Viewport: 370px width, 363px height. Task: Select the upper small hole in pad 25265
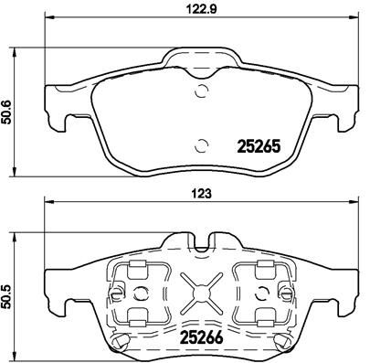pos(202,89)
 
